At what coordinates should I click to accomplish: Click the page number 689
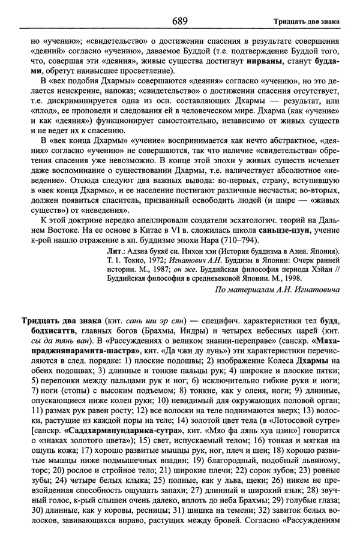[x=180, y=22]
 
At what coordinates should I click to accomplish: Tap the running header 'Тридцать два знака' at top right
[x=306, y=22]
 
